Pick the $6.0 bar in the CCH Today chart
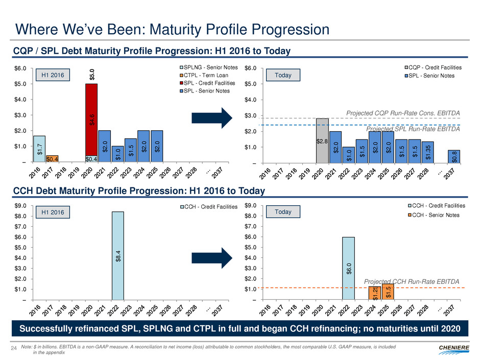[348, 268]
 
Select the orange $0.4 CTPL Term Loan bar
[52, 159]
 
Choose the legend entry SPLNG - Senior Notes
[210, 68]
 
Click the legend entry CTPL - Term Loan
[206, 76]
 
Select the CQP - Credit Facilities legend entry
[435, 68]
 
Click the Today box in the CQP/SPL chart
[283, 76]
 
